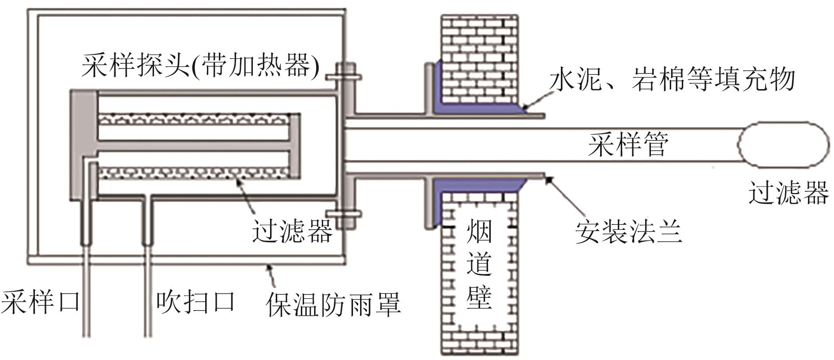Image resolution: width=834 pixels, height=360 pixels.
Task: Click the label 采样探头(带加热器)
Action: pos(199,67)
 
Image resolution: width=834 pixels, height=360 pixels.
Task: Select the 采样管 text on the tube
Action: pos(628,144)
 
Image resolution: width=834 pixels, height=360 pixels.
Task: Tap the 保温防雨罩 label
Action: pos(333,304)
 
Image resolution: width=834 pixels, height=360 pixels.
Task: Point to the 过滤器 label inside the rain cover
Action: pos(292,231)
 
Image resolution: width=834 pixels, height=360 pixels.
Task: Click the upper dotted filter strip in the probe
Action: pos(194,120)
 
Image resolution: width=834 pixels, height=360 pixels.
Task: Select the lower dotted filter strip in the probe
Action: pos(194,172)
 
